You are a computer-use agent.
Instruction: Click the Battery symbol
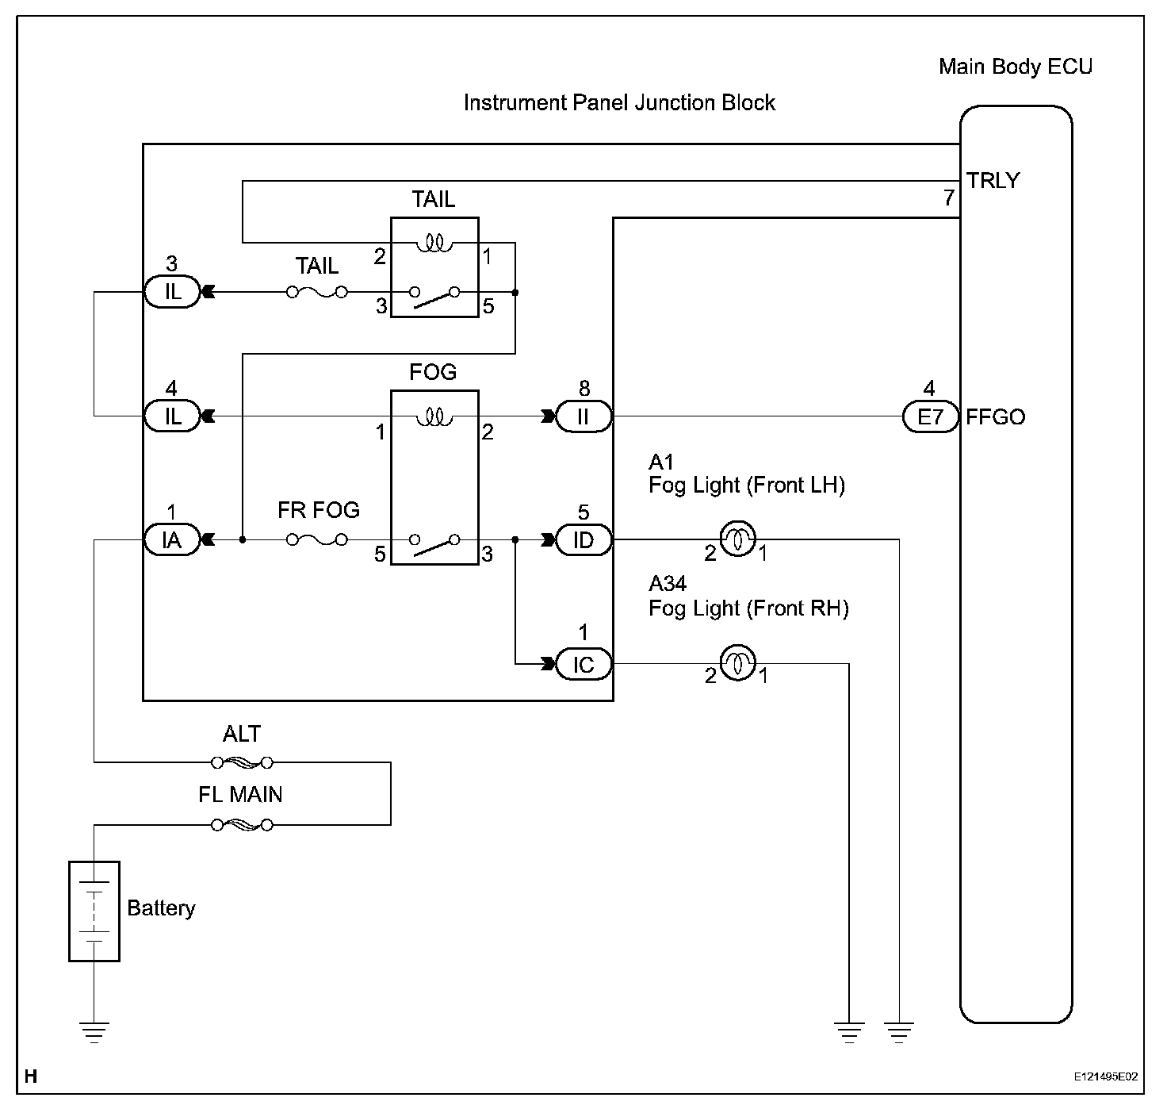(94, 911)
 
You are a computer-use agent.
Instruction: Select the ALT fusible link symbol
(242, 762)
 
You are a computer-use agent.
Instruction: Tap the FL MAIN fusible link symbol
(242, 825)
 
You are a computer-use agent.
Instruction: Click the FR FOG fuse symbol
(317, 539)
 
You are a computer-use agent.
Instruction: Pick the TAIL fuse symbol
(317, 292)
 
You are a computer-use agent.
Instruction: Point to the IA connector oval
(172, 540)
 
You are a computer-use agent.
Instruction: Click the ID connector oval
(583, 540)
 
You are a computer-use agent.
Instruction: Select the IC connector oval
(583, 664)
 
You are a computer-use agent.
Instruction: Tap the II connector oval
(583, 416)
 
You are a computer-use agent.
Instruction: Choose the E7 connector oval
(930, 416)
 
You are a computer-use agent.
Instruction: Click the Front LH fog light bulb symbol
(737, 539)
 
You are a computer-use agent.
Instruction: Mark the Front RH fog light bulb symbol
(737, 663)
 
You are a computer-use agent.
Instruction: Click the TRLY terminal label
(993, 181)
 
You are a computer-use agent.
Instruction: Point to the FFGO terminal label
(995, 417)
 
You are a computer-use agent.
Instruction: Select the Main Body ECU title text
(1015, 66)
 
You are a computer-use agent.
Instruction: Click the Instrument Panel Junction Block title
(619, 102)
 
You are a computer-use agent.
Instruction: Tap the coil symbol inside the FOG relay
(434, 416)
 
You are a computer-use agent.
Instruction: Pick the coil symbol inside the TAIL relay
(434, 243)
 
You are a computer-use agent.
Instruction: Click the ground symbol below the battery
(94, 1031)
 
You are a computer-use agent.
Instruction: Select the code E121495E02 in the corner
(1105, 1077)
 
